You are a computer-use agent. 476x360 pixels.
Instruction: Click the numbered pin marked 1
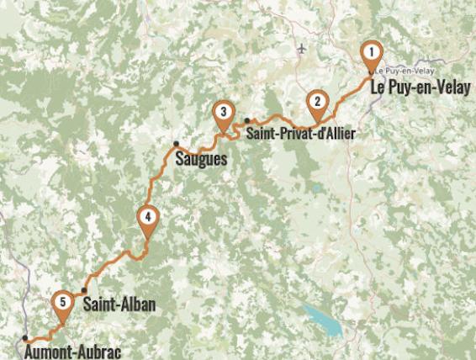370,55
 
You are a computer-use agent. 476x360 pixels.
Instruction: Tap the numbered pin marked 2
317,101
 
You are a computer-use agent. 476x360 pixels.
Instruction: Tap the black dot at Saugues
177,144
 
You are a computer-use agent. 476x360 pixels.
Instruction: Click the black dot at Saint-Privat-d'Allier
247,120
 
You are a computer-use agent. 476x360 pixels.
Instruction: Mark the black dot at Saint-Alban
84,291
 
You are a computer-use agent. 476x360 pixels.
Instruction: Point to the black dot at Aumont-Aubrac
24,339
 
